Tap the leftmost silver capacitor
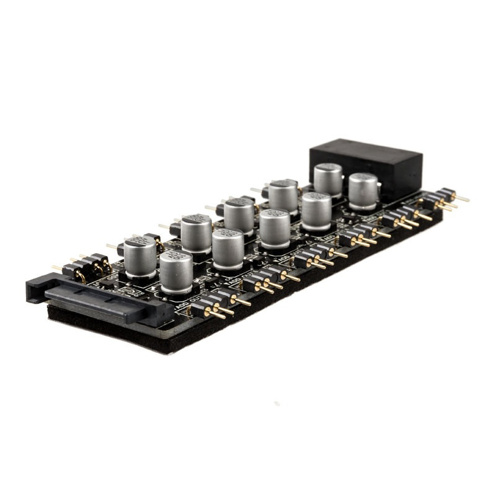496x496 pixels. (139, 257)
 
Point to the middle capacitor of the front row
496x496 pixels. (274, 228)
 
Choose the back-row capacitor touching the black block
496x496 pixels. (328, 180)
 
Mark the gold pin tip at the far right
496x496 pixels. (465, 200)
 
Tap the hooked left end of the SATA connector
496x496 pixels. (34, 288)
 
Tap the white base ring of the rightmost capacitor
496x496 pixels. (363, 206)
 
